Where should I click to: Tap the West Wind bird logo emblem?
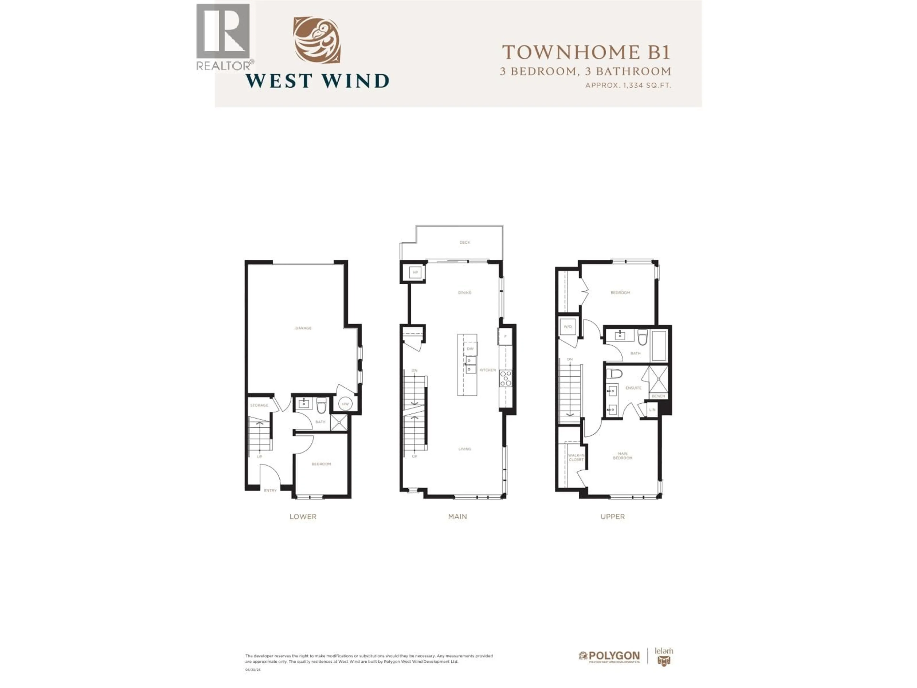coord(317,40)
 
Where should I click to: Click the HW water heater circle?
coord(345,404)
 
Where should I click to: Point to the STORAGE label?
coord(259,405)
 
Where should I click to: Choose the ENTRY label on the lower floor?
coord(270,491)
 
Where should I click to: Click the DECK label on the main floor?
coord(465,242)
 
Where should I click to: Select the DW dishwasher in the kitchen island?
coord(470,349)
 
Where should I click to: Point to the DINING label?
coord(465,293)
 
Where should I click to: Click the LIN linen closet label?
coord(652,410)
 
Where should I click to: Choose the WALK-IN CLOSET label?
coord(576,457)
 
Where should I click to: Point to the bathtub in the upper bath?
coord(659,346)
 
